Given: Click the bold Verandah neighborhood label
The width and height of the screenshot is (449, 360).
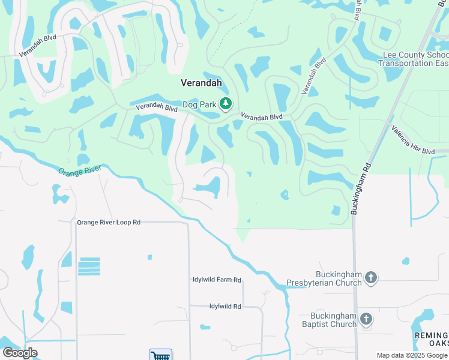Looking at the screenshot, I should point(202,83).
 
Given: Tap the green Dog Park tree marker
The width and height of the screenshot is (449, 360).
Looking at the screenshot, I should point(226,104).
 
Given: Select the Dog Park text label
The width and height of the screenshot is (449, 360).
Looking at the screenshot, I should point(199,104).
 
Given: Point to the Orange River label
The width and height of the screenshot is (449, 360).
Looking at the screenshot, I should point(79,170).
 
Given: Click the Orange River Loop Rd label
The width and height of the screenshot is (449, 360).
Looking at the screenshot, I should point(109,222).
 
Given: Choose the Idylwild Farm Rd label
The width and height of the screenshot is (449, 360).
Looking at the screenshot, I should point(217,280).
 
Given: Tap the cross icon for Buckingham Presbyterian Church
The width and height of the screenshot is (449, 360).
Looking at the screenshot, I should point(371,277).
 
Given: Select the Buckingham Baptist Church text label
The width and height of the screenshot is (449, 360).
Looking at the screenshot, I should point(333,320).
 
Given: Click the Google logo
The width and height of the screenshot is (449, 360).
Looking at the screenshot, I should point(20,353).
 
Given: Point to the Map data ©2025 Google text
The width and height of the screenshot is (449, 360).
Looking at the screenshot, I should point(411,355).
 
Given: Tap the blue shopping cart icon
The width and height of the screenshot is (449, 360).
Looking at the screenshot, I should point(160,355).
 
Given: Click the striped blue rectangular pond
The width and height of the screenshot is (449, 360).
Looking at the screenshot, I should point(89,266).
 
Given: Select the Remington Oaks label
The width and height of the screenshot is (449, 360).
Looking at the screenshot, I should point(431,339).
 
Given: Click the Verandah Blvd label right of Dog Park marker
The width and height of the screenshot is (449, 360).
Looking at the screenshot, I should point(261,116).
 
